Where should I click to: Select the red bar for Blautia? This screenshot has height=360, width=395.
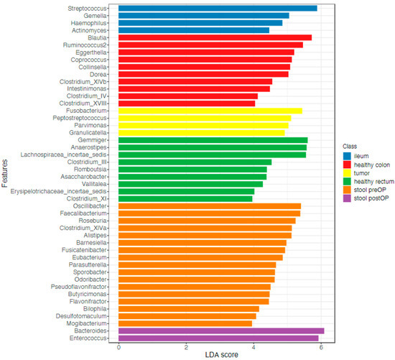tap(215, 37)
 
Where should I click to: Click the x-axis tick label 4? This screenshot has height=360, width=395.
tap(254, 346)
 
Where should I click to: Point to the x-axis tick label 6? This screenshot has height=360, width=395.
tap(321, 346)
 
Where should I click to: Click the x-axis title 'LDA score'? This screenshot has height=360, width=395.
tap(220, 354)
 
